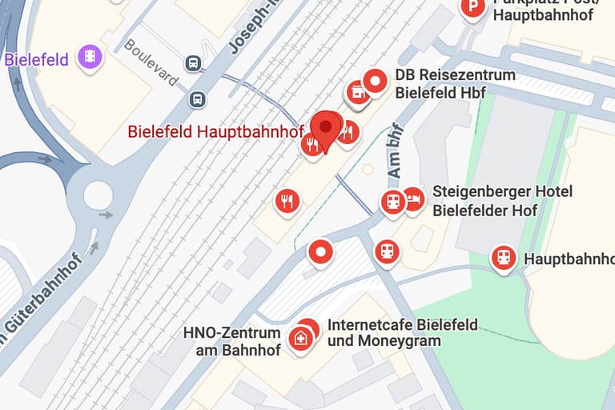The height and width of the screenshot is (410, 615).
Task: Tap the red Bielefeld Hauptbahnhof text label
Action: (x=215, y=131)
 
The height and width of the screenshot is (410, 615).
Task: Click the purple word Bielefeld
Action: (x=36, y=59)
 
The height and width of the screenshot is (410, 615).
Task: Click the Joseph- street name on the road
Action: (x=249, y=29)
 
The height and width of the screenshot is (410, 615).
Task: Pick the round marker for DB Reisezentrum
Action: (x=375, y=81)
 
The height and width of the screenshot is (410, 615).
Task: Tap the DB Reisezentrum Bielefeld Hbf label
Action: (x=455, y=83)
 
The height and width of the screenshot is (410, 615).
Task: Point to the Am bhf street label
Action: (x=394, y=151)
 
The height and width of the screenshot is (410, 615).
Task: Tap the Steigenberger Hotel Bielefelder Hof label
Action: (x=502, y=201)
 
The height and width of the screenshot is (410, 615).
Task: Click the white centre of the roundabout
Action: (x=98, y=194)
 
